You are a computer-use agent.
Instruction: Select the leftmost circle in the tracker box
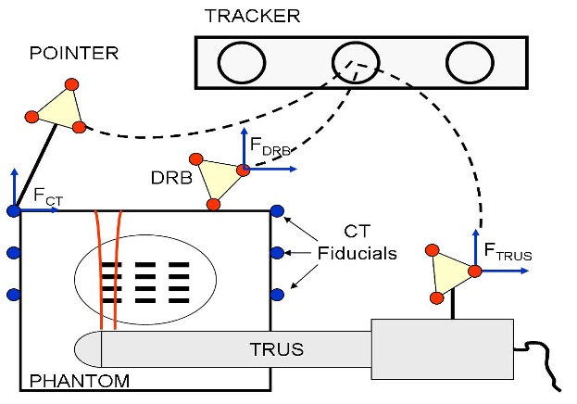point(239,62)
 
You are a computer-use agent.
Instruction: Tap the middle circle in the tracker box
point(353,62)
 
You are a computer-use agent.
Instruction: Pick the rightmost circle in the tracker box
point(467,62)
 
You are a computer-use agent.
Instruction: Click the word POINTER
point(75,53)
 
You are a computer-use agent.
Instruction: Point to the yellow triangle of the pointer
point(58,107)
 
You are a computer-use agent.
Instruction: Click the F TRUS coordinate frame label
point(509,250)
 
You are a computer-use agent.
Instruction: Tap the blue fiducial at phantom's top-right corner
point(276,211)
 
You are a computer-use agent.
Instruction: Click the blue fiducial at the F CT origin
point(14,211)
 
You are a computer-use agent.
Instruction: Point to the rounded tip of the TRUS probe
point(86,349)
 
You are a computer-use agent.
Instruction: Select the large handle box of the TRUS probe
point(442,349)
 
